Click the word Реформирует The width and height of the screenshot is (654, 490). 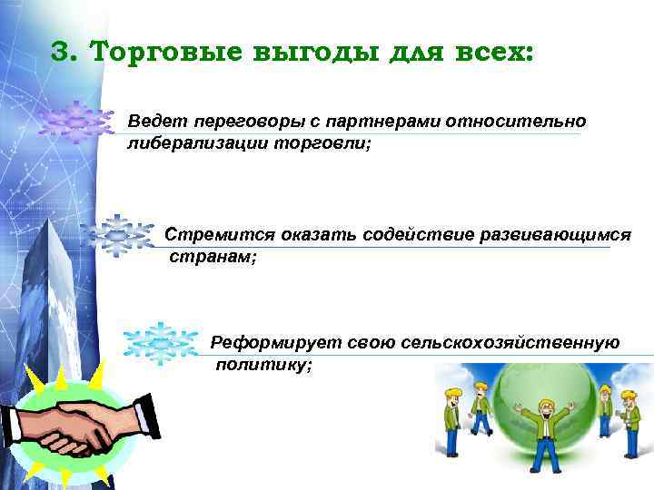pyautogui.click(x=263, y=342)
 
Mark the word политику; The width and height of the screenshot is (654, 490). pyautogui.click(x=264, y=365)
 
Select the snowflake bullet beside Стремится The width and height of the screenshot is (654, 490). pyautogui.click(x=116, y=235)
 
